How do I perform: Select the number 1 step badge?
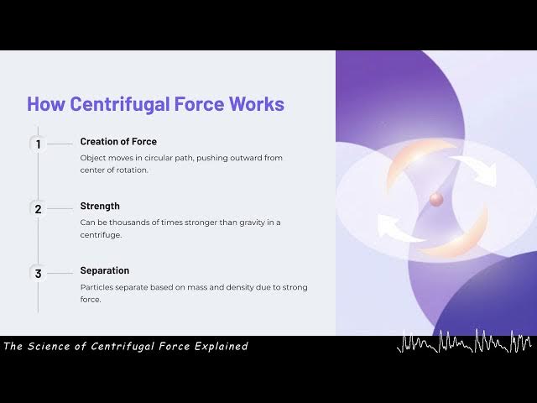pos(38,144)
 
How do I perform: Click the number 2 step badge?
pos(38,208)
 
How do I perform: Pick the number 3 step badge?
pos(38,273)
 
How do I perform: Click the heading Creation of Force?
pos(118,141)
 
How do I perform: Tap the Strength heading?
pos(100,206)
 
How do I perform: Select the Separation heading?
pos(105,270)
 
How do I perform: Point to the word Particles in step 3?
pos(98,287)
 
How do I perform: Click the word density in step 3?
pos(238,287)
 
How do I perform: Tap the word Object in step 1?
pos(94,158)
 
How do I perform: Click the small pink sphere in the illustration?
pos(436,199)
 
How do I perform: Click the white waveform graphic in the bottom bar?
pos(464,343)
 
